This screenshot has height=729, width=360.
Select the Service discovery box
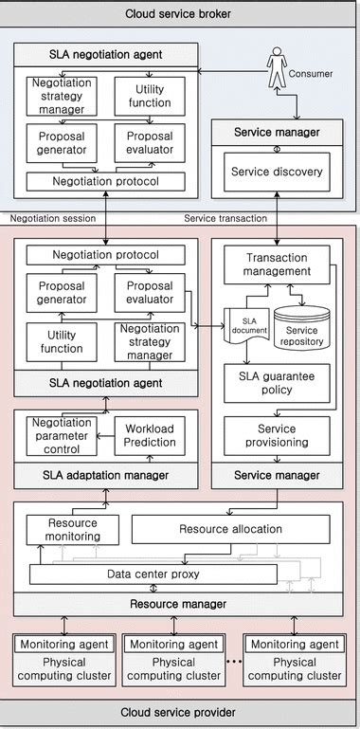(x=277, y=172)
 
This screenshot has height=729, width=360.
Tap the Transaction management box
(x=277, y=264)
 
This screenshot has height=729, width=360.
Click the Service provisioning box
(x=277, y=435)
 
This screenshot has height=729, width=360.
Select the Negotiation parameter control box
(x=62, y=434)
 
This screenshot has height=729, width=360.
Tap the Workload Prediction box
(x=151, y=435)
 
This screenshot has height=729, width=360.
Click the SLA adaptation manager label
(x=105, y=474)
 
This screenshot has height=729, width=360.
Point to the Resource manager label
(x=179, y=603)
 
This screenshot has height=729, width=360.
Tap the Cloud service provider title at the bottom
(x=179, y=712)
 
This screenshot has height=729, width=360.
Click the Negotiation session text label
(x=53, y=217)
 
